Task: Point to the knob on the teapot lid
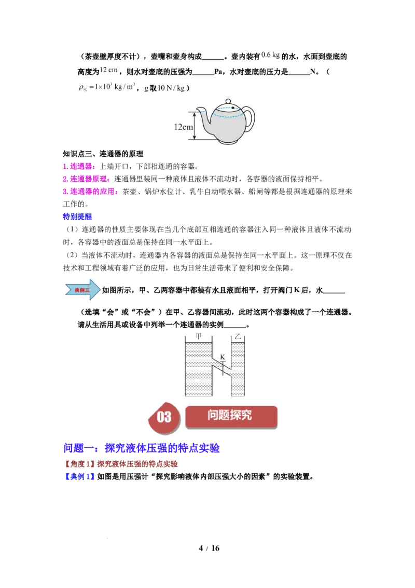[228, 100]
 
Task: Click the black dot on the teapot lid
[233, 108]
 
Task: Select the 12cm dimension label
[183, 126]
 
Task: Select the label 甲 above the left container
[198, 336]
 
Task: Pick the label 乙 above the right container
[238, 336]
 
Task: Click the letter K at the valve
[222, 357]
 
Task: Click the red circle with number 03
[164, 417]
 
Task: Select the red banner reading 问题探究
[231, 416]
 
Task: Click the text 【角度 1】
[79, 464]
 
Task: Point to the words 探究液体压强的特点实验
[137, 464]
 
